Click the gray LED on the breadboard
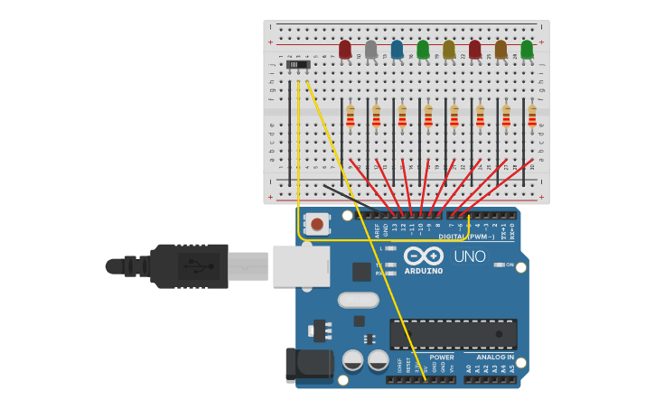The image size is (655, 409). click(370, 50)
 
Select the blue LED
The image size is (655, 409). click(397, 50)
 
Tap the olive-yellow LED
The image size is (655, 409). click(449, 50)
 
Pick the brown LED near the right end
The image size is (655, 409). click(501, 50)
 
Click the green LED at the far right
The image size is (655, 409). click(527, 50)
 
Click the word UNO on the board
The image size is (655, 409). click(470, 256)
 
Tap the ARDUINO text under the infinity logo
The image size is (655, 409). click(424, 271)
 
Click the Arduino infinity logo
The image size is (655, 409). click(423, 255)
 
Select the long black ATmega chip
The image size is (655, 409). click(454, 334)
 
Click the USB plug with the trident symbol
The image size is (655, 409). click(190, 266)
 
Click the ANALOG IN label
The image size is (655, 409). click(495, 358)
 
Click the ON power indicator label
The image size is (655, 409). click(510, 265)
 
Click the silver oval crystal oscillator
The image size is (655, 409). click(359, 300)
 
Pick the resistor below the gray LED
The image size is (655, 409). click(376, 116)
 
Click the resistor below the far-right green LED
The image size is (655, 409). click(532, 116)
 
